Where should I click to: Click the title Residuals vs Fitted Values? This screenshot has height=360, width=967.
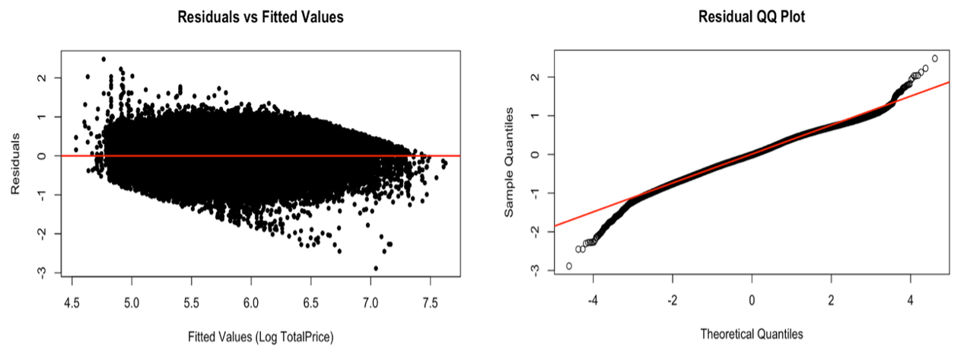pyautogui.click(x=260, y=16)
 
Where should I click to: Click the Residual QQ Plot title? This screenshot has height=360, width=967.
pyautogui.click(x=752, y=16)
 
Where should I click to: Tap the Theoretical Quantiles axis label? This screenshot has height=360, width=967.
pyautogui.click(x=752, y=333)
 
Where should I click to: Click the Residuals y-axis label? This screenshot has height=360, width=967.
pyautogui.click(x=16, y=163)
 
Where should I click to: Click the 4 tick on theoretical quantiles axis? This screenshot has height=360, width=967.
pyautogui.click(x=910, y=300)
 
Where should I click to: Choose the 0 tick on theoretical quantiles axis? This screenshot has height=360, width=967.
pyautogui.click(x=752, y=300)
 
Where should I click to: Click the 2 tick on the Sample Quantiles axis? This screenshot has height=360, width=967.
pyautogui.click(x=535, y=77)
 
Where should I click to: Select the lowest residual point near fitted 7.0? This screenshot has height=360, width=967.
pyautogui.click(x=376, y=268)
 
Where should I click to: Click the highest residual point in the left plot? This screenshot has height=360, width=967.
pyautogui.click(x=103, y=59)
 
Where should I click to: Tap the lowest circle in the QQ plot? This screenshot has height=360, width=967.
pyautogui.click(x=569, y=266)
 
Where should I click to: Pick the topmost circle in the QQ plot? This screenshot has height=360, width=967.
pyautogui.click(x=935, y=59)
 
